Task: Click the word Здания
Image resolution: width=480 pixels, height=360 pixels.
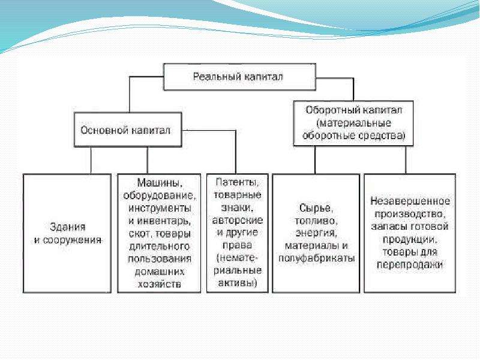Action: click(x=68, y=227)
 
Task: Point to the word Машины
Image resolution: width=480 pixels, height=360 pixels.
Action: click(x=160, y=183)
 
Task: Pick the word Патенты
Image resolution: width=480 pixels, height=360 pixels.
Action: click(x=237, y=182)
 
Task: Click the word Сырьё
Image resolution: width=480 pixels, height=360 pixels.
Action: click(x=316, y=208)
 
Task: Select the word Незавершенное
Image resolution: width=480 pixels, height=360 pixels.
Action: click(x=410, y=201)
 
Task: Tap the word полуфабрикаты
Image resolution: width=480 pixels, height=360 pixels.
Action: click(x=317, y=259)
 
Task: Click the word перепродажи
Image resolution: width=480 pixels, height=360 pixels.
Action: click(x=410, y=265)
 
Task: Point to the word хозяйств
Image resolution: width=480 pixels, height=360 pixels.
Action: click(x=159, y=284)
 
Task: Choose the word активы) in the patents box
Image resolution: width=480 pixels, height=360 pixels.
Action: click(x=237, y=283)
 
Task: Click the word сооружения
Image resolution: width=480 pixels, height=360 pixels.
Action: click(x=72, y=240)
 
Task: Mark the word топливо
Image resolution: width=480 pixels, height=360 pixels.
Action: click(x=316, y=221)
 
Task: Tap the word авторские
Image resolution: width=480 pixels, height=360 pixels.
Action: click(x=237, y=220)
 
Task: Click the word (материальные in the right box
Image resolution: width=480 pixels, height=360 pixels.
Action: click(x=354, y=123)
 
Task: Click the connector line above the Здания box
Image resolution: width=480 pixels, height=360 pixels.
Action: click(x=91, y=160)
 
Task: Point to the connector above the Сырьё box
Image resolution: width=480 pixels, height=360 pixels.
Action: click(x=315, y=160)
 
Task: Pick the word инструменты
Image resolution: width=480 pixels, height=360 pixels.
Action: click(x=160, y=208)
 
